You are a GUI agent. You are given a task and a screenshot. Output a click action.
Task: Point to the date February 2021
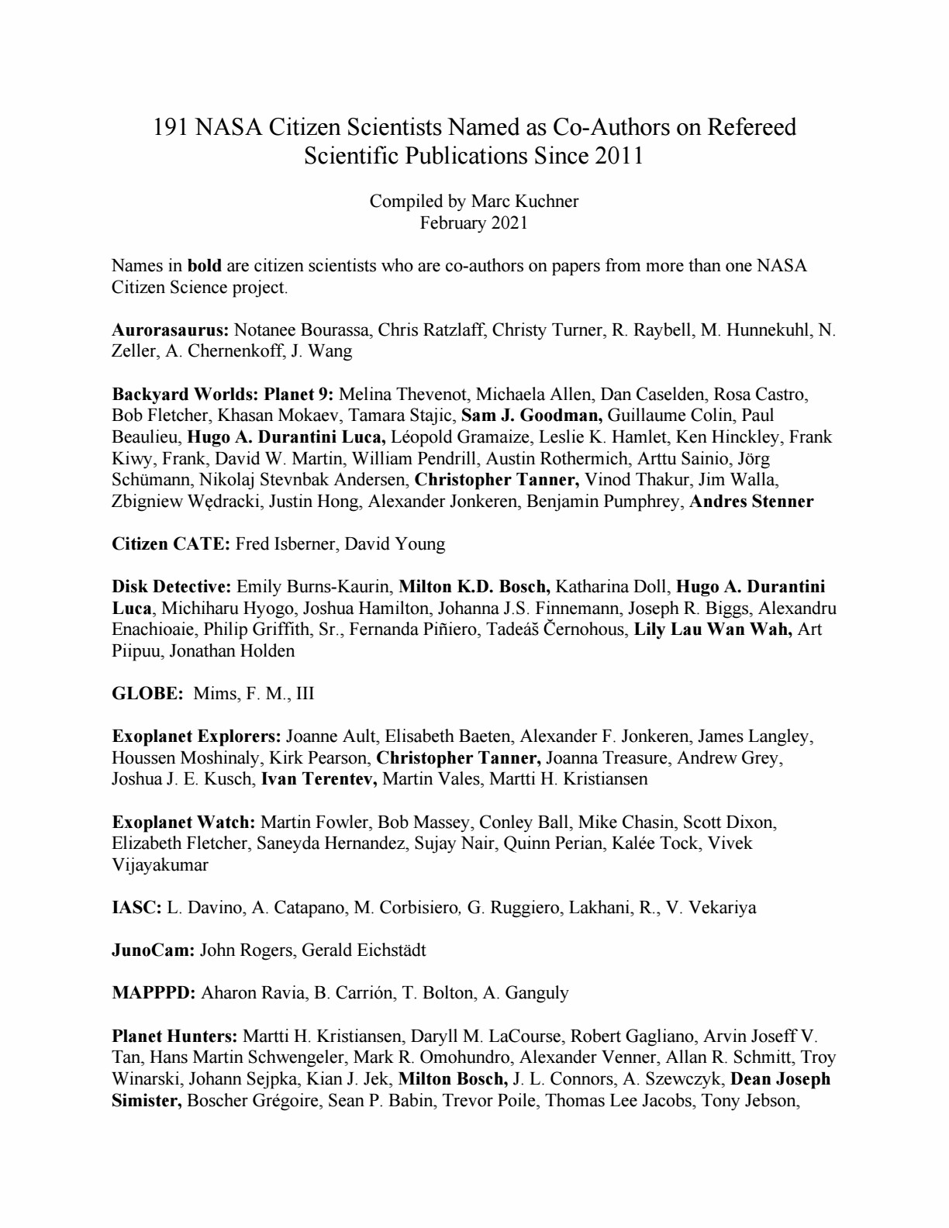474,223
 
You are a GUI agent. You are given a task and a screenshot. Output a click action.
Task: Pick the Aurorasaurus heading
171,329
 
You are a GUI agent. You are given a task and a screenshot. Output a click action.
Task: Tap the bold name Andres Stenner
751,501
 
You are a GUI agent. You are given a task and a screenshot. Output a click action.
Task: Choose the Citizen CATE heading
171,543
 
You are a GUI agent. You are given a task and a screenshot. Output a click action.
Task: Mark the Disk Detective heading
171,586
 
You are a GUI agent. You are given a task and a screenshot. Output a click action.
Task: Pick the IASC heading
136,907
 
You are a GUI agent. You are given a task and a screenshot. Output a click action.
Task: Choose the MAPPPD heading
154,992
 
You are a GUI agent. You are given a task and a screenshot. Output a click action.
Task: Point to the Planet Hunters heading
174,1036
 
